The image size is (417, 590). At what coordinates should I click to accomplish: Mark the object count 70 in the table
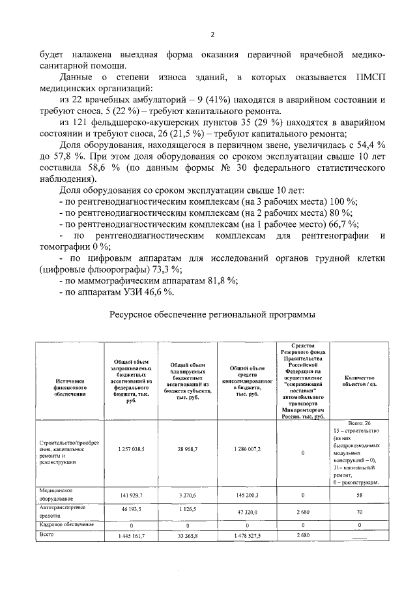click(x=360, y=513)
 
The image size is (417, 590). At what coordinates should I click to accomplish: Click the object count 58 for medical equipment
click(x=360, y=496)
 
